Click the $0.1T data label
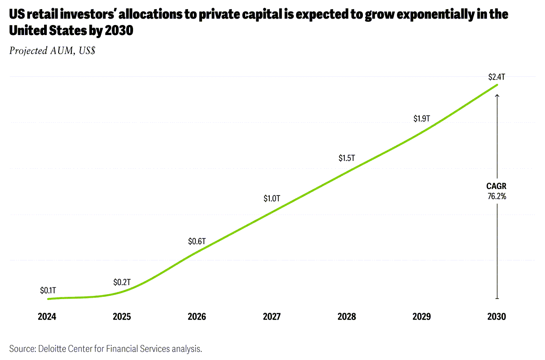[47, 290]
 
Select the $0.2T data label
[122, 282]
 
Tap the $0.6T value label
[197, 241]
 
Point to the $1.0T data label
[272, 199]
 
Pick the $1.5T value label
[347, 158]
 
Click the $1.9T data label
[421, 119]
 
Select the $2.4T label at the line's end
[496, 77]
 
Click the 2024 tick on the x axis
[47, 317]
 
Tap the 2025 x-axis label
[122, 317]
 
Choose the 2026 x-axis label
[197, 317]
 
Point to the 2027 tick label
[272, 317]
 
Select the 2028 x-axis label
[347, 317]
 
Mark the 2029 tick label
[421, 317]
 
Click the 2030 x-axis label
[496, 317]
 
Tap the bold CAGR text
[496, 186]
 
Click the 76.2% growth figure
[496, 196]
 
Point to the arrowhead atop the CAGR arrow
[497, 95]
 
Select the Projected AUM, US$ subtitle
[52, 51]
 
